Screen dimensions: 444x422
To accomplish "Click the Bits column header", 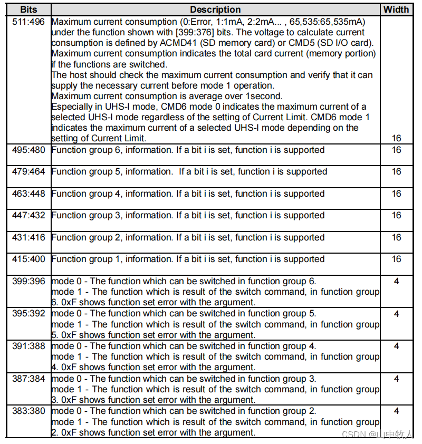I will pos(28,9).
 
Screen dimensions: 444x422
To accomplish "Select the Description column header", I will pos(215,9).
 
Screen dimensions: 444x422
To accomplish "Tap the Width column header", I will pos(396,9).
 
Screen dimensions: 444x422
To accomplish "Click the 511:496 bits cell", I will pos(28,22).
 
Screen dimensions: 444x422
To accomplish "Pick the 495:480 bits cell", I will pos(28,150).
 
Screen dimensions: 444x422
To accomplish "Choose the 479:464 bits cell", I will pos(28,171).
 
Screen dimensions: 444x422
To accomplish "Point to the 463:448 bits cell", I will pos(28,194).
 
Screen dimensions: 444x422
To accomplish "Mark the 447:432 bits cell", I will pos(28,215).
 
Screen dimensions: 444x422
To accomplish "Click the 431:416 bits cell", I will pos(28,237).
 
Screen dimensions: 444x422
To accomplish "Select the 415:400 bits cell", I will pos(28,259).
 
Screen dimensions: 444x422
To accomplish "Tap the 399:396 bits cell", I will pos(28,281).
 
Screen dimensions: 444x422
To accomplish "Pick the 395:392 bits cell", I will pos(28,313).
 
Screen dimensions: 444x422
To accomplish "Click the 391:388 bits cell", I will pos(28,346).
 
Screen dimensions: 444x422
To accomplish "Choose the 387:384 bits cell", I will pos(28,379).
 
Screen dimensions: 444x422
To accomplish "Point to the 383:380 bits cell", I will pos(28,411).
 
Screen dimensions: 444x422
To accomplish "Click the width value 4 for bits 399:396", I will pos(396,281).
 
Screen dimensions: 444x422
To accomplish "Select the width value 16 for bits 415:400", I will pos(396,259).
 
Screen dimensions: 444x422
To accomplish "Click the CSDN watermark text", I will pos(352,435).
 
